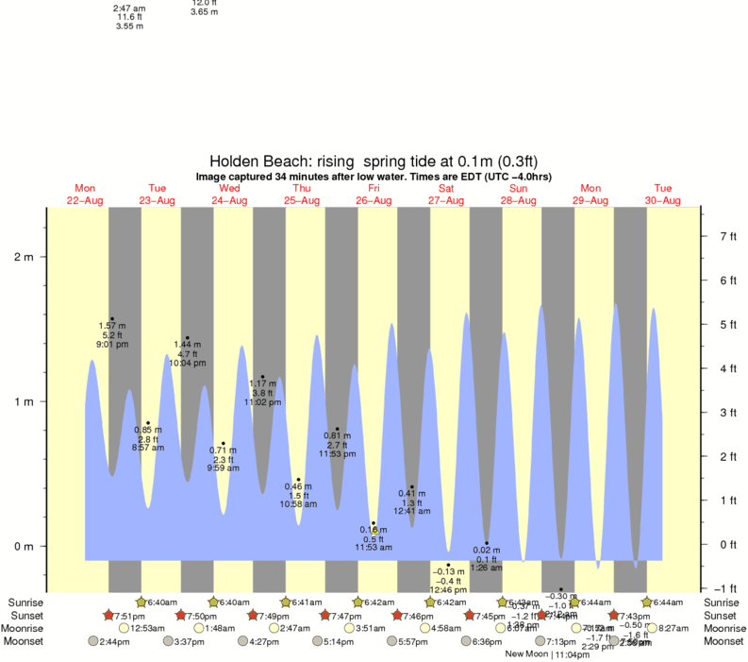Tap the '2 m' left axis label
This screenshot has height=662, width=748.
[23, 258]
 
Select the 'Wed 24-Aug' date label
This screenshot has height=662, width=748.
[229, 195]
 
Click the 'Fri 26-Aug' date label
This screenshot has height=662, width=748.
[374, 195]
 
